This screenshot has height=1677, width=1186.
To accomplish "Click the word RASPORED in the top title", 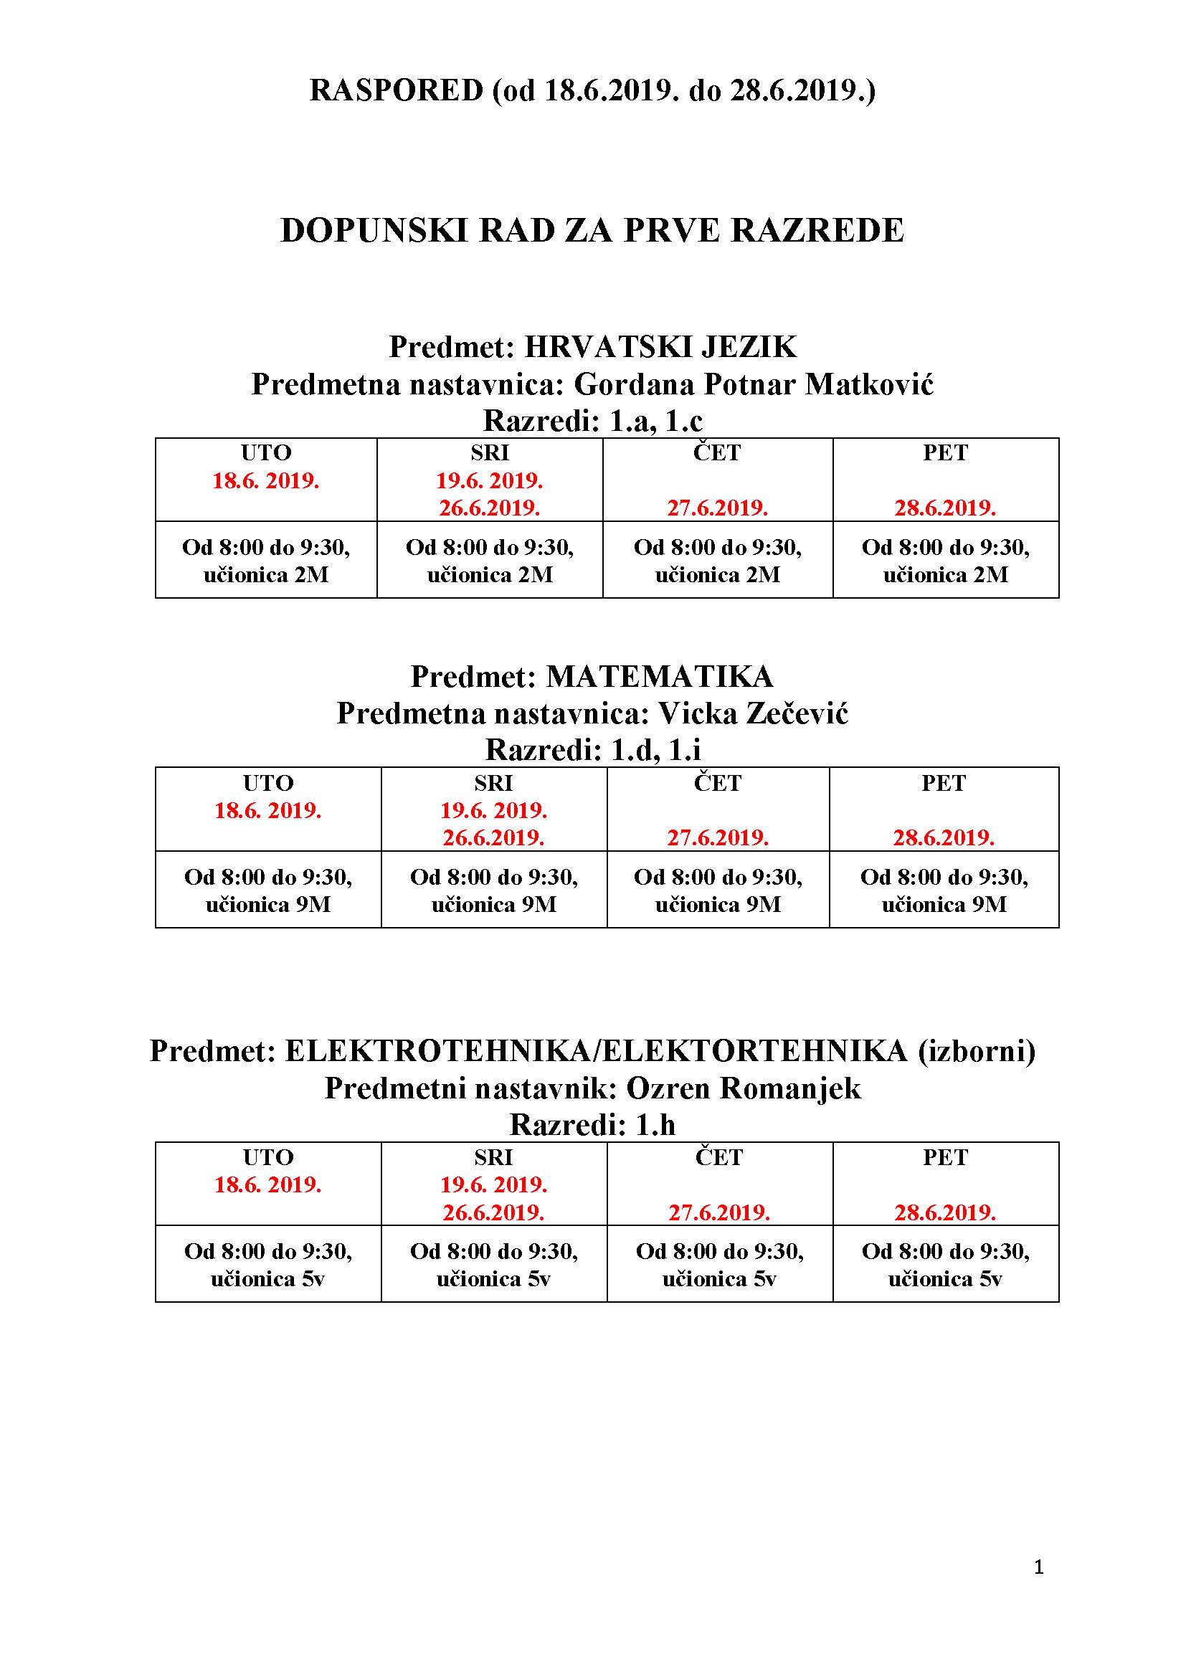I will pos(397,90).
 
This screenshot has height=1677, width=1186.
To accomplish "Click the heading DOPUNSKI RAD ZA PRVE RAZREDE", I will pos(592,231).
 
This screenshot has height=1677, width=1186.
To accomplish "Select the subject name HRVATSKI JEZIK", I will pos(660,346).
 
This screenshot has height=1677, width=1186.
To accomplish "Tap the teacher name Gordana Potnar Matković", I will pos(754,384).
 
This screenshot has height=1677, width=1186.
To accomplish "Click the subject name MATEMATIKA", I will pos(660,676).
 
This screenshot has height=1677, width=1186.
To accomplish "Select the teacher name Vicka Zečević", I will pos(753,713).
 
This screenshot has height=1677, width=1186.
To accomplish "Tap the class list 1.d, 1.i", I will pos(655,749).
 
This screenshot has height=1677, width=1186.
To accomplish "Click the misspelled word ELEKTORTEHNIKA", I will pos(755,1051).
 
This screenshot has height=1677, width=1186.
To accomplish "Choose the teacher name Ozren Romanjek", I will pos(744,1088).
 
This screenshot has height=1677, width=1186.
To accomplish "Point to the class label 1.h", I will pos(655,1125).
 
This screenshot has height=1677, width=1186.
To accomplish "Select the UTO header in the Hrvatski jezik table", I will pos(266,453).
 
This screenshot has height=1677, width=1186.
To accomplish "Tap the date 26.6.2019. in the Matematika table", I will pos(493,837).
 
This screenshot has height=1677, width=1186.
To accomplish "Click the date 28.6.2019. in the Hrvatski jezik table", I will pos(945,508).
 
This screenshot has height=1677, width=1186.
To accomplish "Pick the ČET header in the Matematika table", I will pos(717,783).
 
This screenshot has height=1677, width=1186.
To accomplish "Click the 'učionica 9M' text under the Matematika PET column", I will pos(944,905).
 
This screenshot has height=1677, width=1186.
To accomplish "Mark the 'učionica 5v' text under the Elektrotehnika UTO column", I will pos(267,1279).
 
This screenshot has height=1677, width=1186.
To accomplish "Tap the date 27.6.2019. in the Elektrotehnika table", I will pos(719,1213).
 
